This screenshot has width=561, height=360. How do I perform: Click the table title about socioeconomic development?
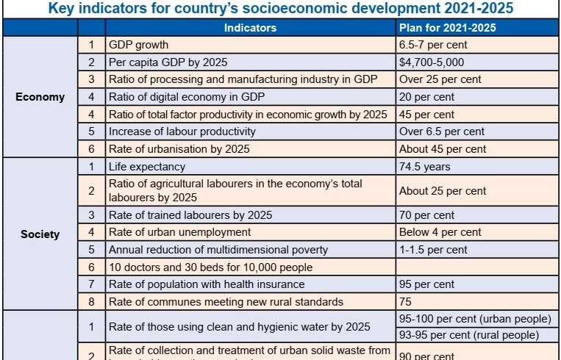(280, 10)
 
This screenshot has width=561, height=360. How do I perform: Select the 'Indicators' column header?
(250, 28)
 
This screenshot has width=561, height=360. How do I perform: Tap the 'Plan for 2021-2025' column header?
(447, 28)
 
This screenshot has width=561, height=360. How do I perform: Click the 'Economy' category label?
(40, 97)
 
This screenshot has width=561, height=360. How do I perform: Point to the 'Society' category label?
(40, 235)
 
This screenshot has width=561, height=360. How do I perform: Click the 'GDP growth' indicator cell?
(138, 45)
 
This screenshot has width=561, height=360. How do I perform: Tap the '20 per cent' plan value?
(427, 97)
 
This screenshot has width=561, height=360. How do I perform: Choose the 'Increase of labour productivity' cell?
(182, 132)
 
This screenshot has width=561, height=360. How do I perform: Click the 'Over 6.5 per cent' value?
(442, 132)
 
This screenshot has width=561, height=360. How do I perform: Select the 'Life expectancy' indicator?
(147, 167)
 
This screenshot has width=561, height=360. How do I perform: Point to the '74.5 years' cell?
(425, 167)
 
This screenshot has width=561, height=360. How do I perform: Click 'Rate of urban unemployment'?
(179, 232)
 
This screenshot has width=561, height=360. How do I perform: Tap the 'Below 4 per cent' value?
(440, 232)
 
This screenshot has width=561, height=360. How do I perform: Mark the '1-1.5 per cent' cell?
(433, 250)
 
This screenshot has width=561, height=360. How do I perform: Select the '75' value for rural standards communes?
(406, 302)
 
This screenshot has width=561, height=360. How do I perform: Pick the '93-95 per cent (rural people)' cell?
(474, 334)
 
